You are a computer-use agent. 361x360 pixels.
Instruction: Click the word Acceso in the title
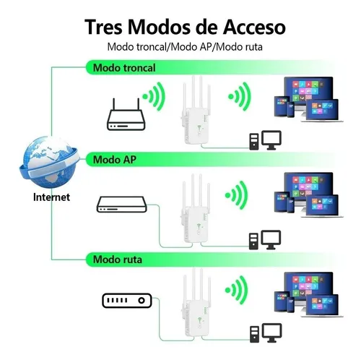coord(254,27)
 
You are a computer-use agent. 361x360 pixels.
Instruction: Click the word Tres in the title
coord(103,27)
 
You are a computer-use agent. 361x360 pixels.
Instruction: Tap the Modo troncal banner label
coord(124,68)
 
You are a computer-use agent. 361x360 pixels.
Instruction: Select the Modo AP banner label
coord(115,160)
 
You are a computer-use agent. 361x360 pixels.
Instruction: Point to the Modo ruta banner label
coord(118,260)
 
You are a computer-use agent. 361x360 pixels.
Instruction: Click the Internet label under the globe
coord(51,197)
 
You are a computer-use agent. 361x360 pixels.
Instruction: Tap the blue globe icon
coord(49,162)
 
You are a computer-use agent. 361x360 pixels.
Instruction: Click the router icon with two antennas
coord(126,115)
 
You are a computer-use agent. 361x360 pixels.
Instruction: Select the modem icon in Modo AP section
coord(122,205)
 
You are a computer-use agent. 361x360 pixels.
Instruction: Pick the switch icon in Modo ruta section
coord(127,301)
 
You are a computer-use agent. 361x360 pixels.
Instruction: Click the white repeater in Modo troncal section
coord(196,111)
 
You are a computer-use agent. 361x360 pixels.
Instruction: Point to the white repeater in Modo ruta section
coord(196,302)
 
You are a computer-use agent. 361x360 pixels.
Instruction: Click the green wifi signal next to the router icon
coord(155,96)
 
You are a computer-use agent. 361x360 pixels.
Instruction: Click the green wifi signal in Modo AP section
coord(237,195)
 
